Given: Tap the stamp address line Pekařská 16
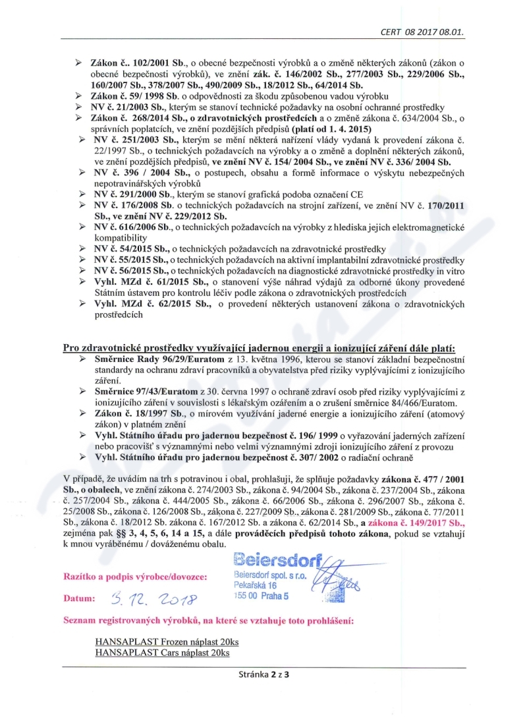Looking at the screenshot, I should (x=255, y=585).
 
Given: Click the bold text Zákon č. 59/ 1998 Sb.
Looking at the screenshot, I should (x=129, y=96).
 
